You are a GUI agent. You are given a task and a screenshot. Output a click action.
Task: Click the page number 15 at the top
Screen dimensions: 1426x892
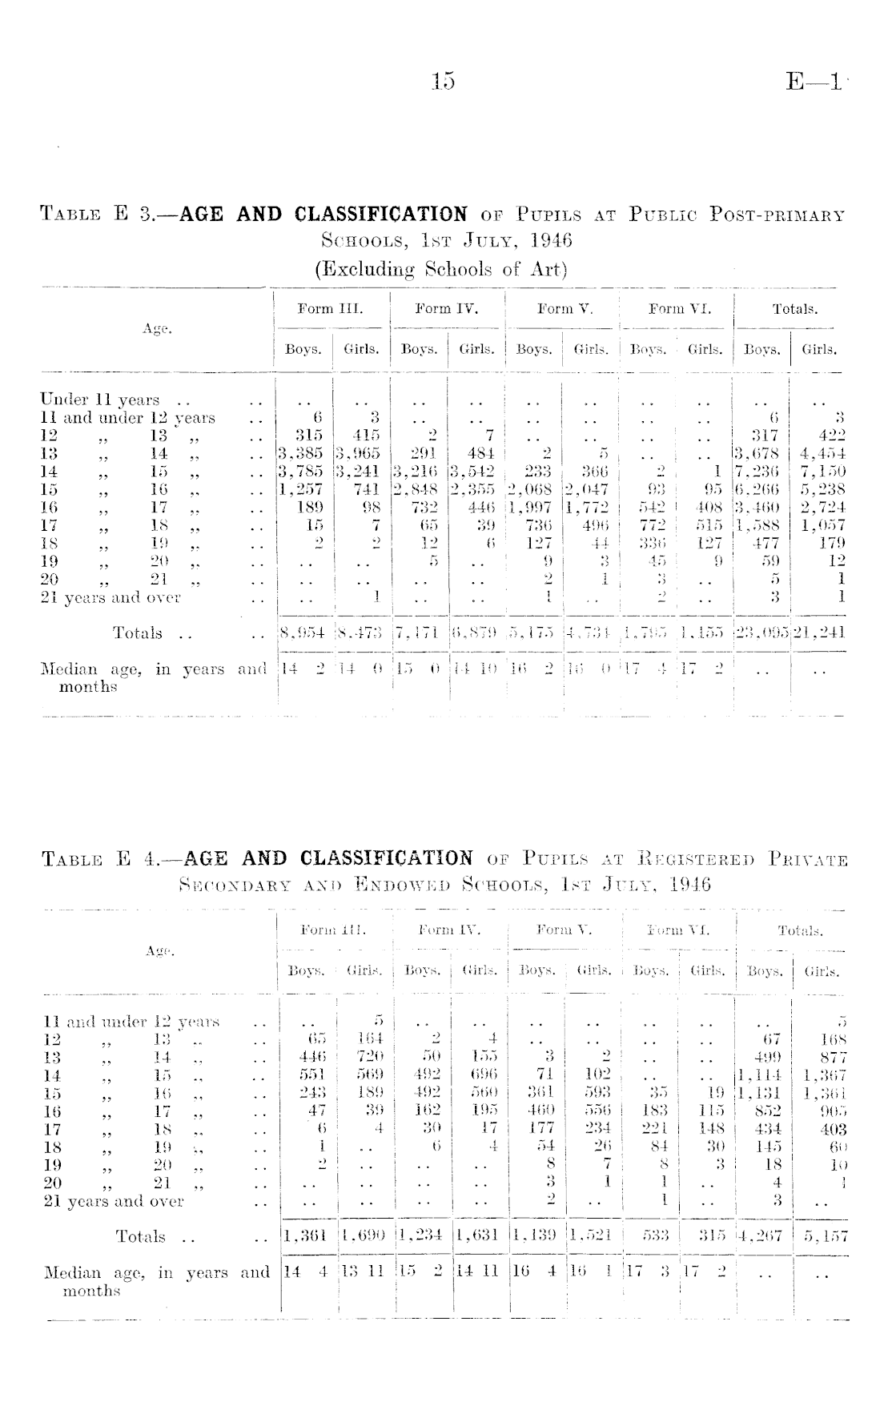point(442,81)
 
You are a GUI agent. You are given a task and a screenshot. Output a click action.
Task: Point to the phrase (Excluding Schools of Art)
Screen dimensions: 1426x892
point(440,268)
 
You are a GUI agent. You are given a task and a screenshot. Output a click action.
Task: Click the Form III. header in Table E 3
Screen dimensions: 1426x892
point(330,309)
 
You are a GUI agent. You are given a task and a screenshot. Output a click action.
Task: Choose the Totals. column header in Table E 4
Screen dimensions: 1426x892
point(800,930)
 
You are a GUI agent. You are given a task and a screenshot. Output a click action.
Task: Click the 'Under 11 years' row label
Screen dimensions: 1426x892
point(100,400)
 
